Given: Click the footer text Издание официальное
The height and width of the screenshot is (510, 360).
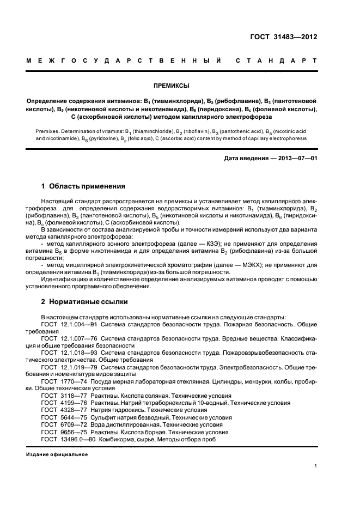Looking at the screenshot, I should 57,454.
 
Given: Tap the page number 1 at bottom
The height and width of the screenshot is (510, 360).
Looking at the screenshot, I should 316,466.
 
